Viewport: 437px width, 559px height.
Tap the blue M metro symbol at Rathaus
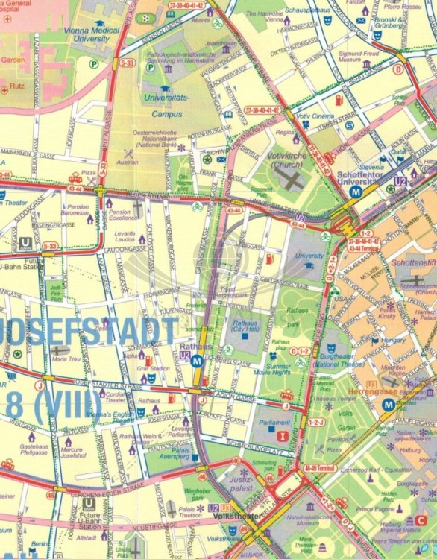pos(197,361)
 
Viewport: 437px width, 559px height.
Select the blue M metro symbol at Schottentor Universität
pos(356,191)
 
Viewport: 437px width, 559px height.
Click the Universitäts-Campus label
pos(171,102)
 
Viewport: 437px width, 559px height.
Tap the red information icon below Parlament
pos(282,435)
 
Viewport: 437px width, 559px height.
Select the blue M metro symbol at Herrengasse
pos(388,405)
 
